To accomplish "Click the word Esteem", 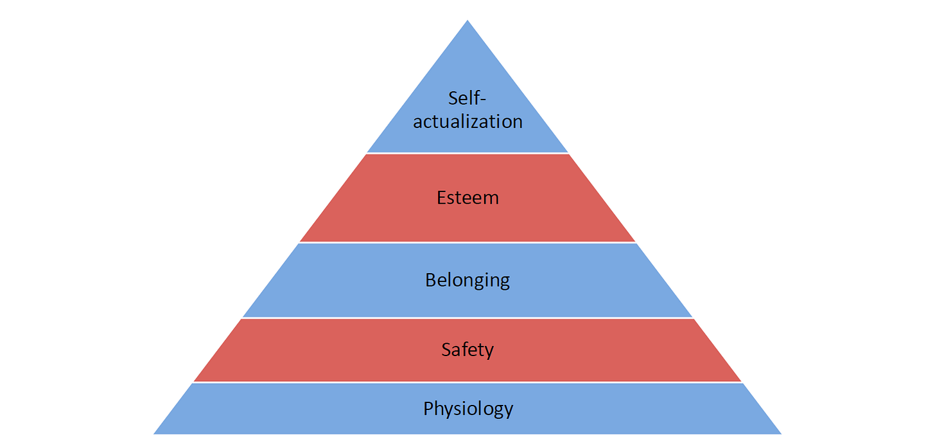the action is [x=468, y=197].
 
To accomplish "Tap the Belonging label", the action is [x=468, y=280].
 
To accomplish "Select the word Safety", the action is [x=468, y=350].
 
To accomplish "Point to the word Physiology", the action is [x=468, y=408].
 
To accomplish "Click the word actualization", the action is [x=468, y=121].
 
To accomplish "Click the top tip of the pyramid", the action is [x=468, y=21].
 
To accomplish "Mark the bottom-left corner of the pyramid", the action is [x=155, y=433].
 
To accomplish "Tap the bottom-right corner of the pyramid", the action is [x=780, y=433].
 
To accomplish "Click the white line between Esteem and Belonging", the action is [x=468, y=242].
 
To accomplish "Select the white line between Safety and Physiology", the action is [x=468, y=382].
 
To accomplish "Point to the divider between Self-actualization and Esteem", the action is [x=468, y=153].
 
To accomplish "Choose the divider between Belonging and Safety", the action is [x=468, y=318].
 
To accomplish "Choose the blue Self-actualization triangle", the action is [x=468, y=64].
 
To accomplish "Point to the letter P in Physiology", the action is [x=429, y=408].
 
